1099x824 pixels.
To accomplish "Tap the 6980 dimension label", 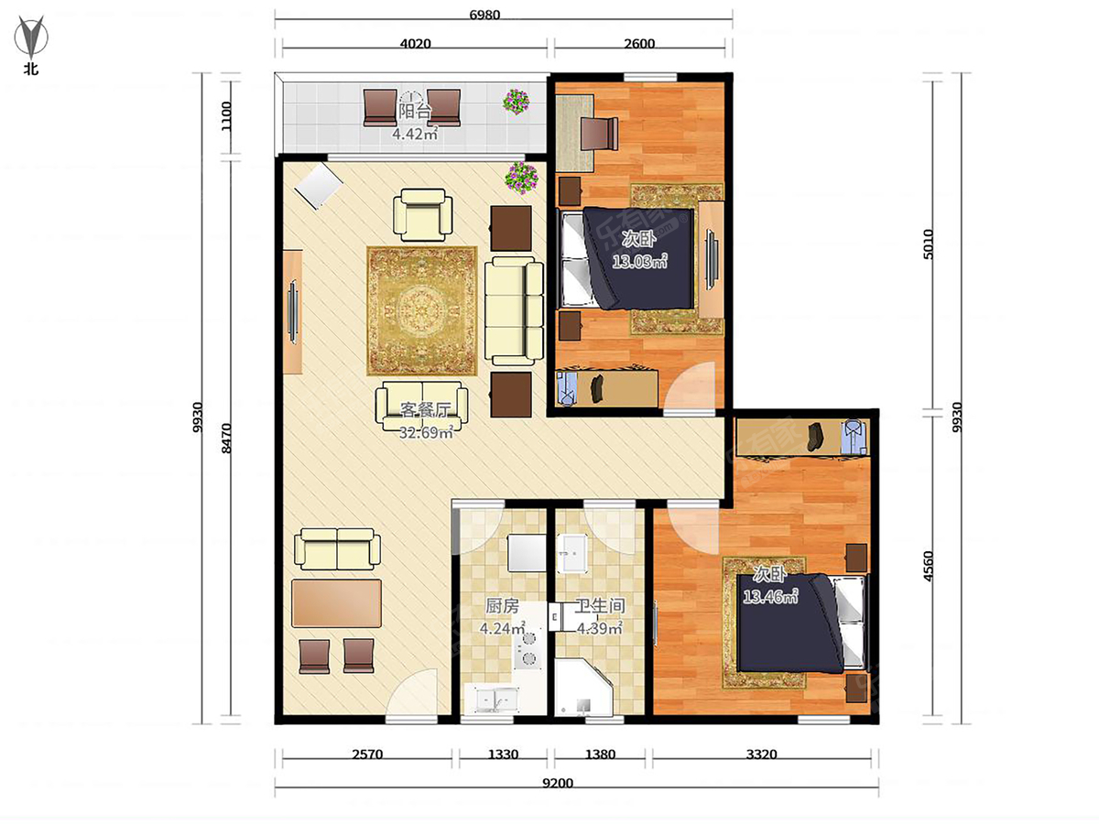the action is pos(484,15).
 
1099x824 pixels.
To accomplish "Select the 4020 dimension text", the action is pos(415,44).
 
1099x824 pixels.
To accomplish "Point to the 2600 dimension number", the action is pos(639,44).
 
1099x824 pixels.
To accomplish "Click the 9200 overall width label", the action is pos(557,783).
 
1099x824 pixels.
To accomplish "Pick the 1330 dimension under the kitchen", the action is pos(503,754).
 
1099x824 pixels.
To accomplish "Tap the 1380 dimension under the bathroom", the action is pos(600,754).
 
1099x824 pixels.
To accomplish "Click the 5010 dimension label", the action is pos(928,244).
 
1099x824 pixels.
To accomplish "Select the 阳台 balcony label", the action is pos(415,111).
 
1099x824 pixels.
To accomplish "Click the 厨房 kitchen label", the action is pos(502,606).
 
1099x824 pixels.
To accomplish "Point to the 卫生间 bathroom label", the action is pos(600,606).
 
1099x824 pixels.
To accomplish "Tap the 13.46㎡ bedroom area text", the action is pos(770,596).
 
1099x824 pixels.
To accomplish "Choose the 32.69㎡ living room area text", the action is pos(426,432).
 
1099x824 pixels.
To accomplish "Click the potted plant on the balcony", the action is pos(517,102).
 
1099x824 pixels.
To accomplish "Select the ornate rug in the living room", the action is pos(422,310).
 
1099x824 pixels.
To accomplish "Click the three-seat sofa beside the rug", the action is pos(514,310).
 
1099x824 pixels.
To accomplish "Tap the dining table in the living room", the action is pos(336,603).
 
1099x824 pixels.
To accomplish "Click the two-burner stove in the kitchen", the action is pos(528,648).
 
